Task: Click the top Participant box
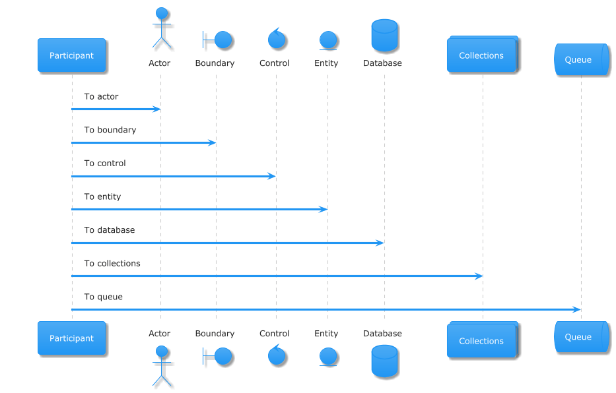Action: click(x=71, y=55)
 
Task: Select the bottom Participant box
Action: click(x=71, y=338)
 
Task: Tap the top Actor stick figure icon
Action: click(x=162, y=28)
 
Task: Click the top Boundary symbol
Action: click(x=217, y=40)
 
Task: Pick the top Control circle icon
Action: click(x=277, y=38)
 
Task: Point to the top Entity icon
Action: click(x=328, y=41)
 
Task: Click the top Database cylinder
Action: click(x=385, y=36)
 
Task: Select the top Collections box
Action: click(x=483, y=54)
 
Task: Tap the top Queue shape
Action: click(x=582, y=59)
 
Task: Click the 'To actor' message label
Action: click(x=101, y=96)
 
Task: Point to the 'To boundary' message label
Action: click(x=110, y=130)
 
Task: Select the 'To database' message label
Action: click(x=109, y=230)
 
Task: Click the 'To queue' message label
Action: click(x=103, y=297)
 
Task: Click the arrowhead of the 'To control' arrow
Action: click(x=272, y=176)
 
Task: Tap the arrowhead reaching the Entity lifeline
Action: click(x=324, y=210)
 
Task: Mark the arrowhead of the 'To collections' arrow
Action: click(x=479, y=276)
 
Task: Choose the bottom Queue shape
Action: click(x=582, y=336)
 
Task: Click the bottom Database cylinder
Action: click(x=385, y=361)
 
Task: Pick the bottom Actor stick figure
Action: click(x=162, y=367)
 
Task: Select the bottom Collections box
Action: click(x=483, y=340)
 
